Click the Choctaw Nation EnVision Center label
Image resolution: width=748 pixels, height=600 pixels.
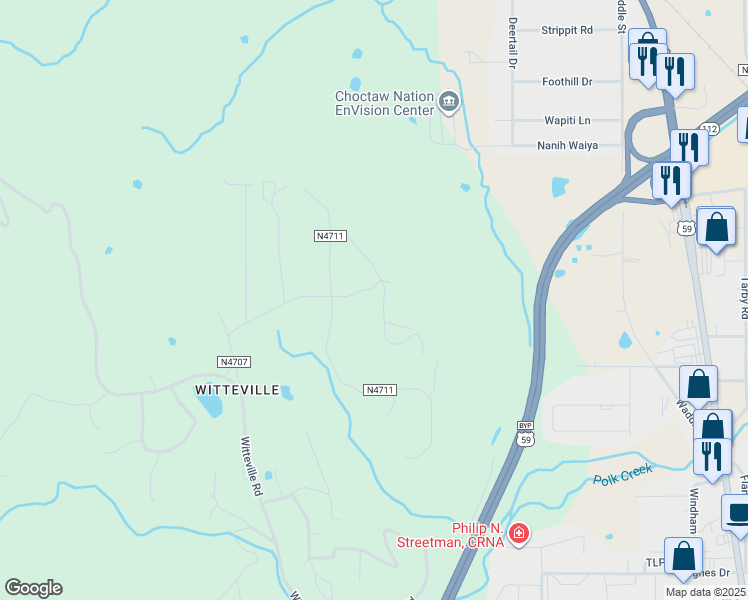coord(384,103)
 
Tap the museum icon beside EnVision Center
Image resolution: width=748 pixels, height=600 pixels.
coord(448,100)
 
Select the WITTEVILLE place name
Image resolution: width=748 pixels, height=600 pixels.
coord(236,390)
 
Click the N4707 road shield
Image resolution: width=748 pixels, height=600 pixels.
coord(232,361)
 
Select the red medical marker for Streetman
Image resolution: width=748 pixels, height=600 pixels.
coord(518,534)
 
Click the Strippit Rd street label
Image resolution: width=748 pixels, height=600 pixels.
coord(567,30)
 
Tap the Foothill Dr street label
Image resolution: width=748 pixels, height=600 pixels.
coord(567,81)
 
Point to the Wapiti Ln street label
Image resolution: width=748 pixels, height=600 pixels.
coord(567,120)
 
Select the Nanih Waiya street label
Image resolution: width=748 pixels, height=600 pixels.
coord(567,145)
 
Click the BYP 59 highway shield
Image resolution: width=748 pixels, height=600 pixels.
coord(526,433)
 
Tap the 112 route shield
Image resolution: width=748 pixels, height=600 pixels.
coord(709,129)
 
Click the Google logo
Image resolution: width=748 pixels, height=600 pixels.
coord(33,588)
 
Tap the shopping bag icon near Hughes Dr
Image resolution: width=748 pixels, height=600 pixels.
coord(683,556)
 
